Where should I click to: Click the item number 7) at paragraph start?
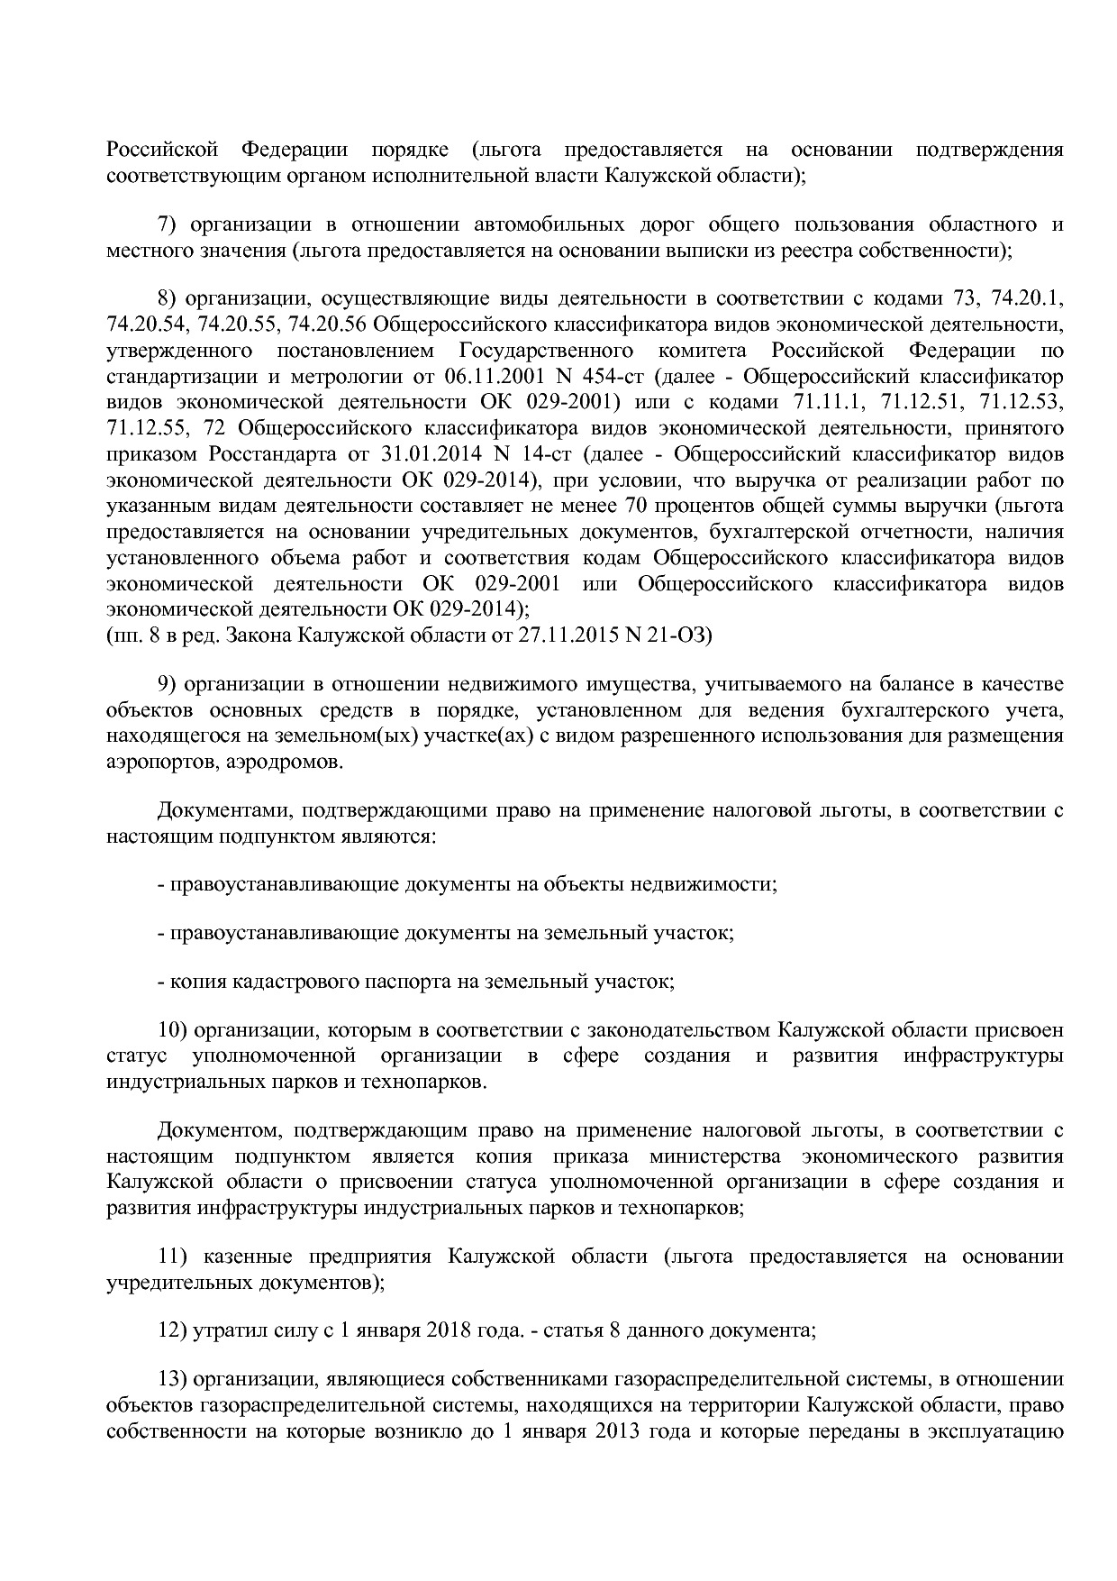click(170, 224)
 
